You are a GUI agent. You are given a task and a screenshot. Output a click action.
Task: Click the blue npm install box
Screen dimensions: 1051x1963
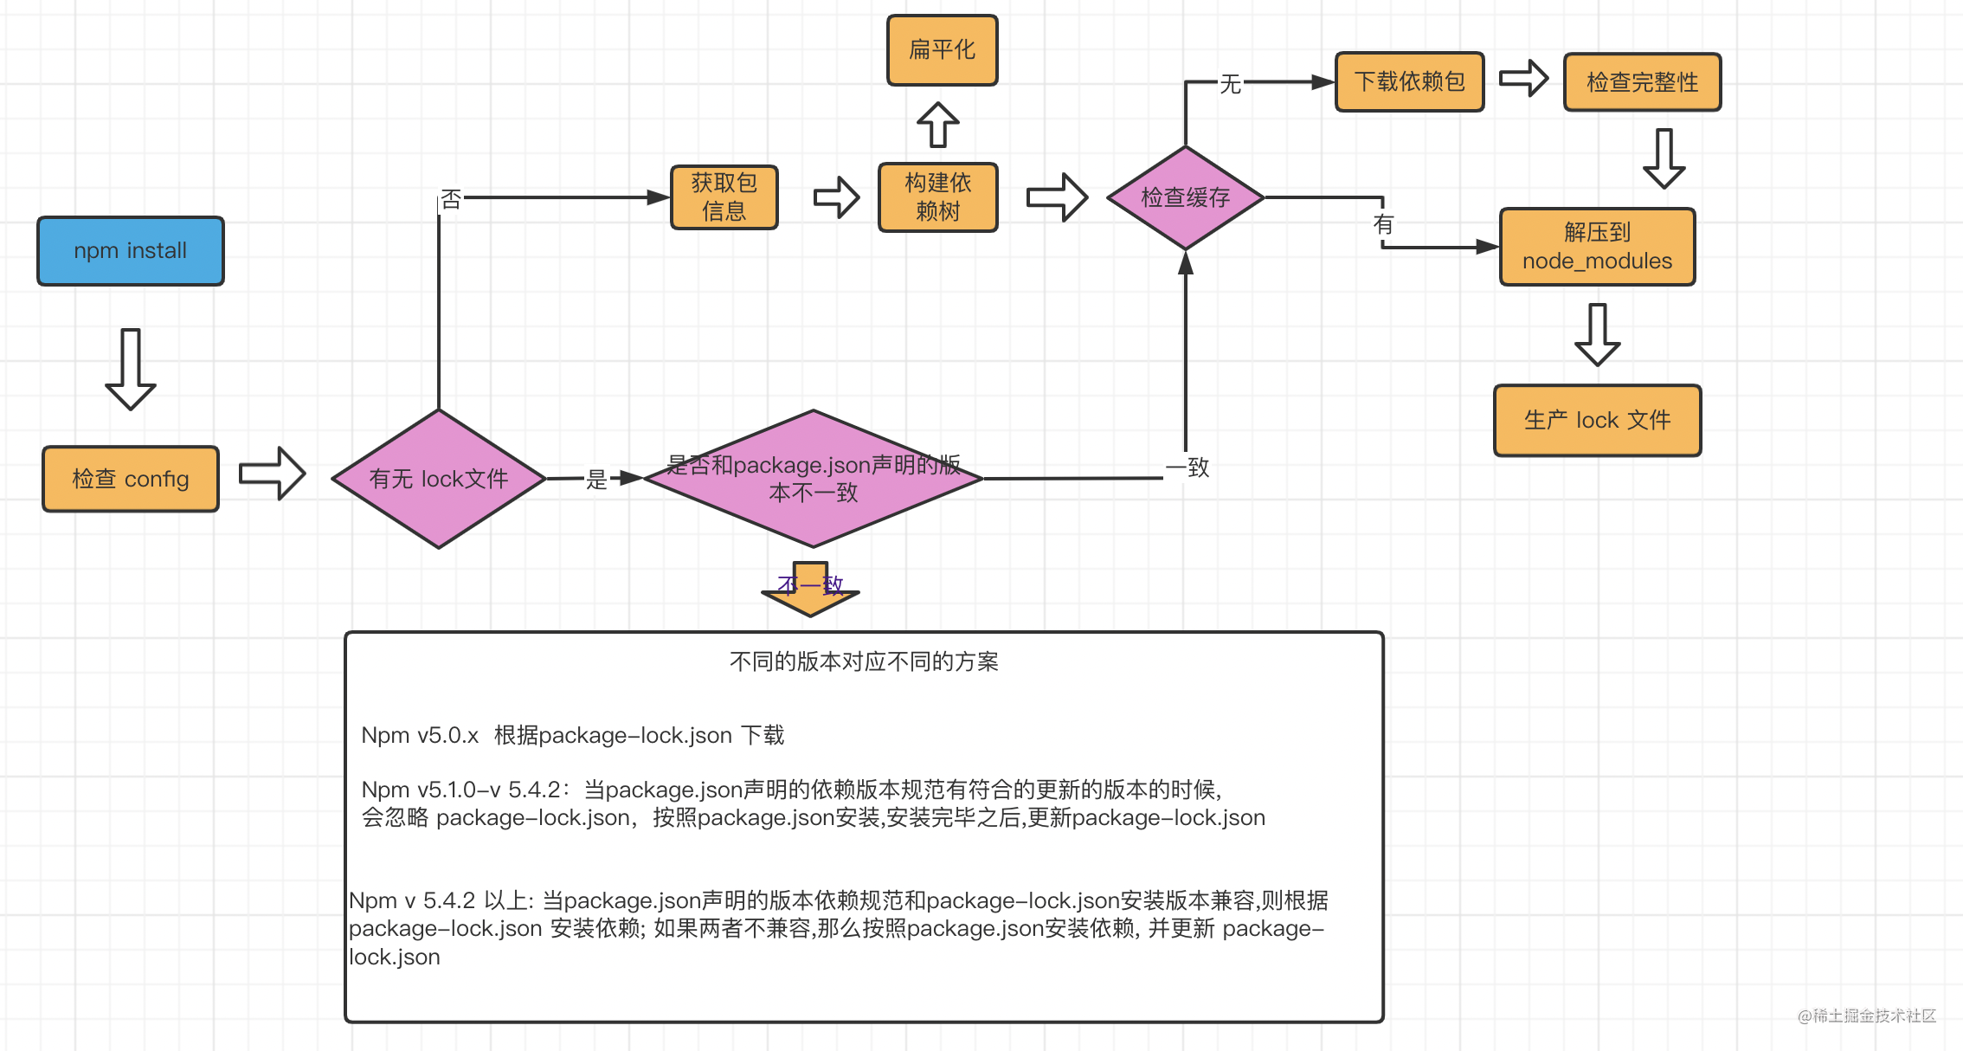(x=131, y=251)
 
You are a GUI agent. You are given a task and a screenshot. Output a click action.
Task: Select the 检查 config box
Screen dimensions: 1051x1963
(x=131, y=479)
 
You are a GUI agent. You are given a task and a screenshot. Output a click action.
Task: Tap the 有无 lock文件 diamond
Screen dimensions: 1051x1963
(x=439, y=479)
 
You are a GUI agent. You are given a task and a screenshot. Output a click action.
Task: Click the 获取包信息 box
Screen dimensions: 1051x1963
(x=724, y=197)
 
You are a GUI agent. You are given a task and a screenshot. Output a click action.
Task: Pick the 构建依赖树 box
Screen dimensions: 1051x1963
(x=938, y=197)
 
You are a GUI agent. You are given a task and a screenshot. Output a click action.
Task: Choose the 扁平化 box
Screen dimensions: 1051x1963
(x=943, y=50)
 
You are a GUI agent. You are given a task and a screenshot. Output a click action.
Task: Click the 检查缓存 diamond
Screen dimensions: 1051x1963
(x=1186, y=197)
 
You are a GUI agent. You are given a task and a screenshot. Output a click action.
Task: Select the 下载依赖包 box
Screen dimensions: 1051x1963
(x=1410, y=82)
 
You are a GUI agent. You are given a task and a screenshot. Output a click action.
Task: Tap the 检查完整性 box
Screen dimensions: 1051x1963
(x=1642, y=82)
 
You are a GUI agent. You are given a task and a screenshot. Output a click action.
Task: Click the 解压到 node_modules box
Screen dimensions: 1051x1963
(x=1597, y=247)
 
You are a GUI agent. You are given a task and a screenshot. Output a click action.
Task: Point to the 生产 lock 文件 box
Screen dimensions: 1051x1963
(x=1597, y=421)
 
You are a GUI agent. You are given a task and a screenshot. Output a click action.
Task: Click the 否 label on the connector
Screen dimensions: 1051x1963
(x=451, y=200)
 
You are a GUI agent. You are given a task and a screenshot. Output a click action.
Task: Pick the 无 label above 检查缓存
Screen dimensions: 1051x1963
(x=1230, y=84)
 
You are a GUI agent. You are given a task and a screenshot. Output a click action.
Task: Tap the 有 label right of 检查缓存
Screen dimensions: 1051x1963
(x=1383, y=225)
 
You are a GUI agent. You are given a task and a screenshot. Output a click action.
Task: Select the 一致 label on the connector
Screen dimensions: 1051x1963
(x=1187, y=468)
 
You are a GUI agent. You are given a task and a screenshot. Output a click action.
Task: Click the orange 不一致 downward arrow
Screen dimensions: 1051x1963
(x=810, y=590)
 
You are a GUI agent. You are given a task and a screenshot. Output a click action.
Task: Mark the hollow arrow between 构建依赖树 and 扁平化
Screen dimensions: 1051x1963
(x=938, y=125)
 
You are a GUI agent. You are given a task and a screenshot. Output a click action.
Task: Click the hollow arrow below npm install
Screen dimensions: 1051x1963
(x=131, y=368)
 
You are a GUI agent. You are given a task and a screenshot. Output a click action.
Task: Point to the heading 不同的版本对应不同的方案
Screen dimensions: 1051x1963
(x=864, y=662)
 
